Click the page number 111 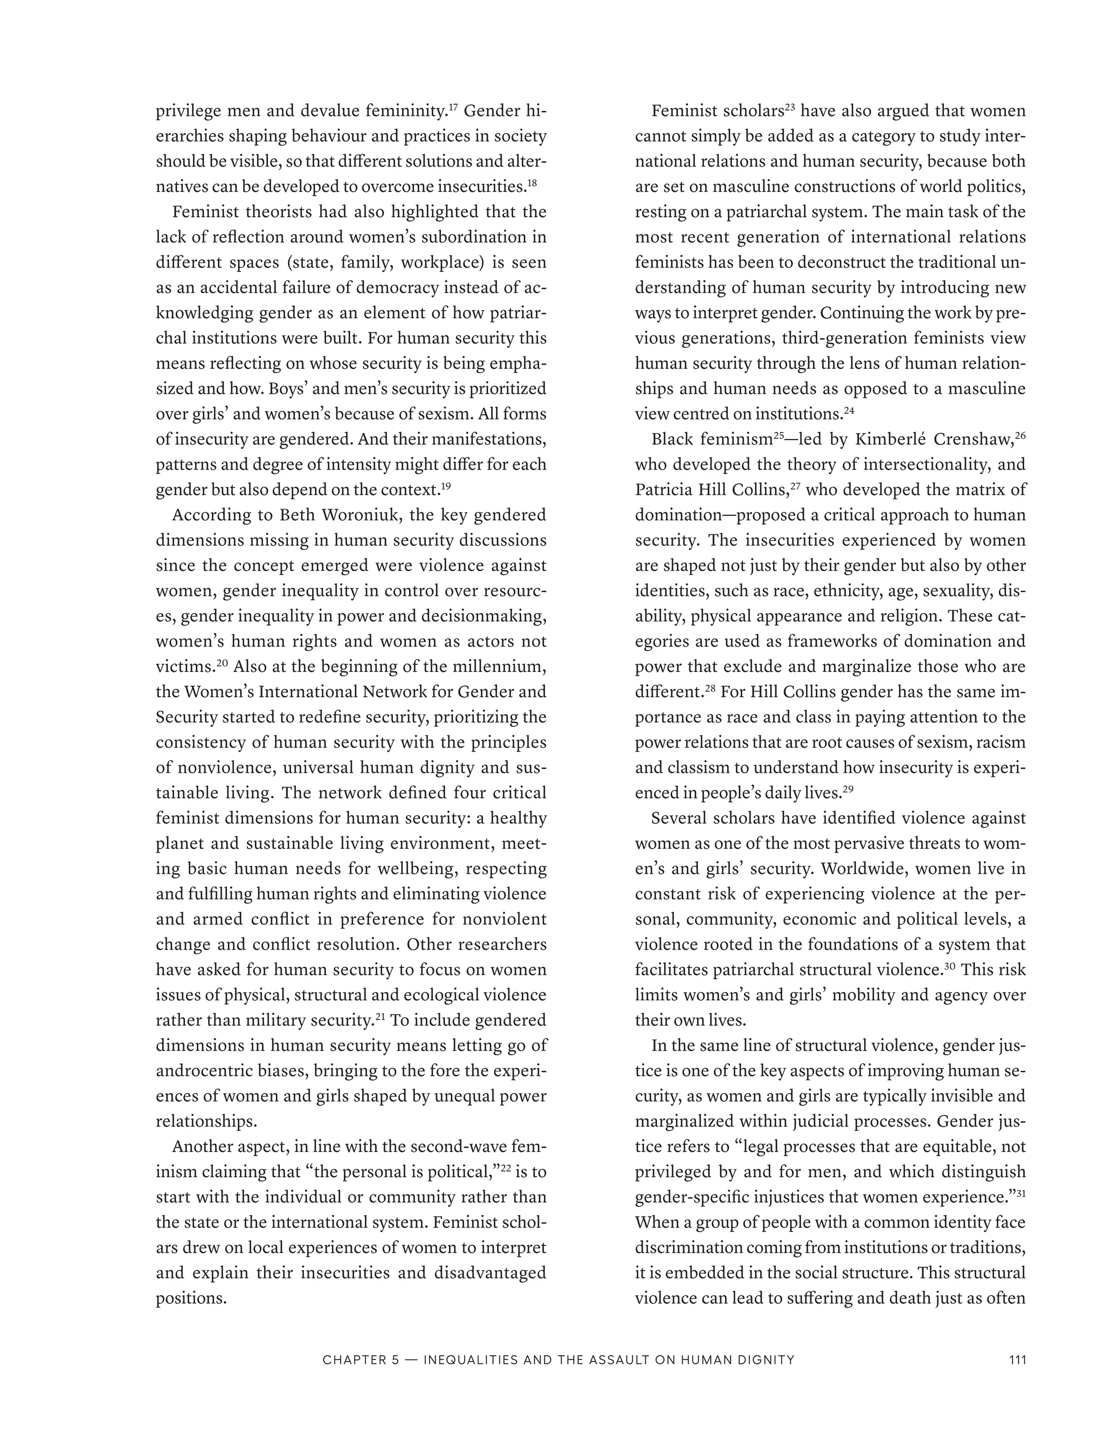coord(1017,1359)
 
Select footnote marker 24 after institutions coord(849,410)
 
